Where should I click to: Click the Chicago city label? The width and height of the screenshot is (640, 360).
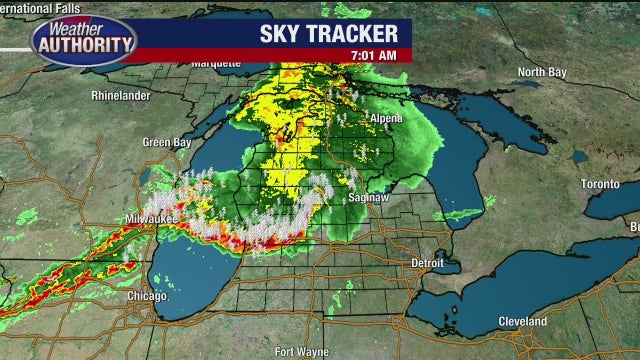click(x=146, y=297)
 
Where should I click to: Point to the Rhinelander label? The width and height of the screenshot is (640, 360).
click(x=119, y=97)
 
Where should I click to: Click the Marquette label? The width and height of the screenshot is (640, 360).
click(x=216, y=63)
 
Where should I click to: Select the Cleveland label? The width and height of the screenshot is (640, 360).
click(x=524, y=321)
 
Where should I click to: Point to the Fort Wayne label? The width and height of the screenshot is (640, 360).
click(x=300, y=351)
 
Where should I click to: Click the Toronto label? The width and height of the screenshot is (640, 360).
click(x=601, y=184)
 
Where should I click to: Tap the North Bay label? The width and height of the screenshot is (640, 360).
click(x=542, y=72)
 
